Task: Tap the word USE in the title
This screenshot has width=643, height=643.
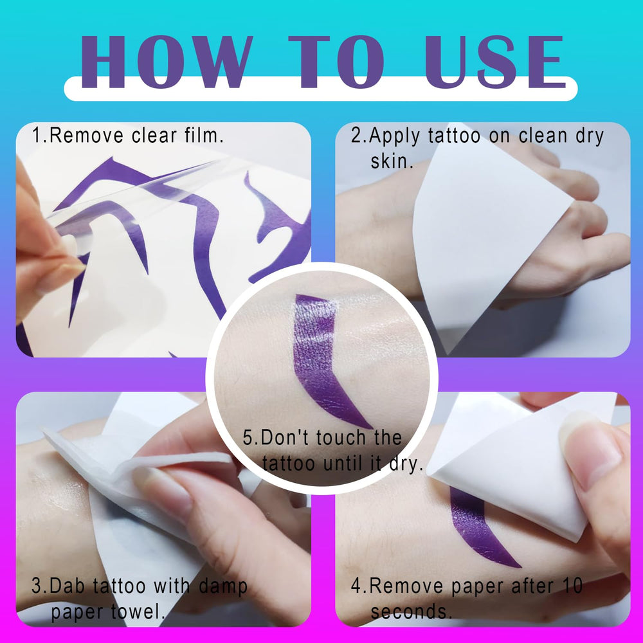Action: pyautogui.click(x=494, y=62)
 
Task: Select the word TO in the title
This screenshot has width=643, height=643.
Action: pyautogui.click(x=336, y=62)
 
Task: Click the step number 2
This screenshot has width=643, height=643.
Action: pyautogui.click(x=356, y=136)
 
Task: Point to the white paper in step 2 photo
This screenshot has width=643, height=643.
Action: pyautogui.click(x=488, y=230)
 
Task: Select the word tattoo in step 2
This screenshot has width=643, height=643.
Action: pyautogui.click(x=453, y=136)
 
